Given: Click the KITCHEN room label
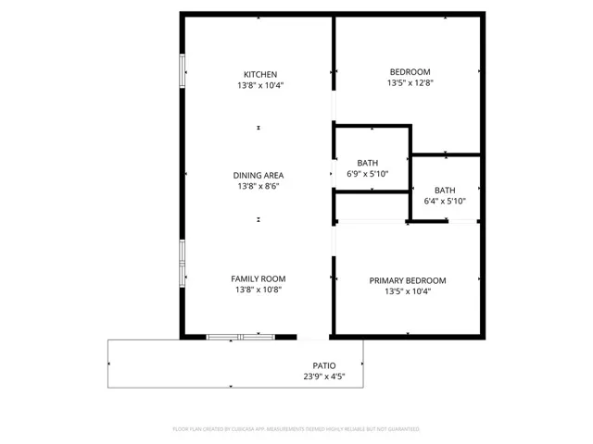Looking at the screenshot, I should click(x=259, y=75).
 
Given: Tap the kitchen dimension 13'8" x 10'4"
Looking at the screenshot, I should click(x=259, y=86).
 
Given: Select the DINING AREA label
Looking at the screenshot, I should click(x=259, y=175).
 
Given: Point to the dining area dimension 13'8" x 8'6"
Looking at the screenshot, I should click(x=259, y=186).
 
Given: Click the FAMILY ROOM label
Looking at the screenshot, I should click(x=259, y=278).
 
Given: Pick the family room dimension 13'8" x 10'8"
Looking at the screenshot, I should click(x=259, y=290).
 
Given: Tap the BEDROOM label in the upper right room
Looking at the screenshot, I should click(x=410, y=71).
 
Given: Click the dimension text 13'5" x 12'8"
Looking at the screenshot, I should click(x=410, y=82).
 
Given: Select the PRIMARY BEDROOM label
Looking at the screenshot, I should click(x=408, y=280).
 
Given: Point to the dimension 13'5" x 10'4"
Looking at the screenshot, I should click(x=408, y=291).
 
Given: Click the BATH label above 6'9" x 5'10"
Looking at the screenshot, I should click(x=368, y=163).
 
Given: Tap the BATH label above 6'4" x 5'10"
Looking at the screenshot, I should click(x=445, y=190).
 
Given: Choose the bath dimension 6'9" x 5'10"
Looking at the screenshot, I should click(x=368, y=174).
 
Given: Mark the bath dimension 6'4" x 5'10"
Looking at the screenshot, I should click(x=445, y=201).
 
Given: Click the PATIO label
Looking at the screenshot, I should click(x=324, y=365).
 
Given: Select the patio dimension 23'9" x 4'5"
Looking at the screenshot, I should click(x=324, y=376).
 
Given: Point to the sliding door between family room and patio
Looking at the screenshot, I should click(x=239, y=337).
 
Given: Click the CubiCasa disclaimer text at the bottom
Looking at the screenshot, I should click(x=296, y=429).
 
